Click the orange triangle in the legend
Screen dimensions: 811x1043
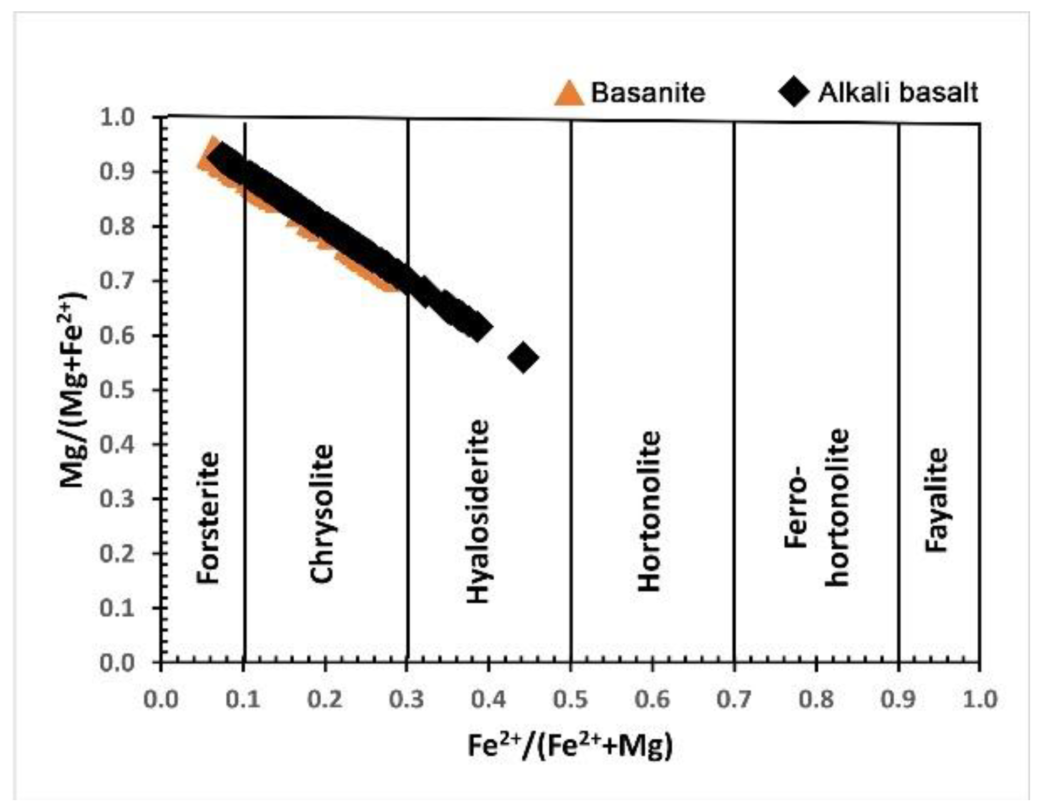point(569,94)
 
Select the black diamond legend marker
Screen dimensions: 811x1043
point(793,92)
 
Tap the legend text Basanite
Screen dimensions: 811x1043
point(648,93)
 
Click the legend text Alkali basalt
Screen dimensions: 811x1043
point(897,93)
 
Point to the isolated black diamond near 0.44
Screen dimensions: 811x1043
point(523,357)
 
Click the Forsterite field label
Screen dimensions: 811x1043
point(208,518)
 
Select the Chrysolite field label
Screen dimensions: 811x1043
point(322,513)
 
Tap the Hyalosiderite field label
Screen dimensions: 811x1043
point(478,511)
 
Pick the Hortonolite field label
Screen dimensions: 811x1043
point(649,511)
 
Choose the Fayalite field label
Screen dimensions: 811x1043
point(937,499)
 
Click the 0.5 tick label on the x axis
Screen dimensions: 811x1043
point(570,699)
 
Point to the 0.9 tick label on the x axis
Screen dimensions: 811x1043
point(898,699)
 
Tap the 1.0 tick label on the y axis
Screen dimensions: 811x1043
point(117,117)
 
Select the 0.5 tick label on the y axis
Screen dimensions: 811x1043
point(117,390)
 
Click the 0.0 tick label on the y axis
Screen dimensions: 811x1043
point(117,663)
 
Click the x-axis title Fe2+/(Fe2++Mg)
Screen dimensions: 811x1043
point(570,746)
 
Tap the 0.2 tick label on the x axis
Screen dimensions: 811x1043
point(324,699)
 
